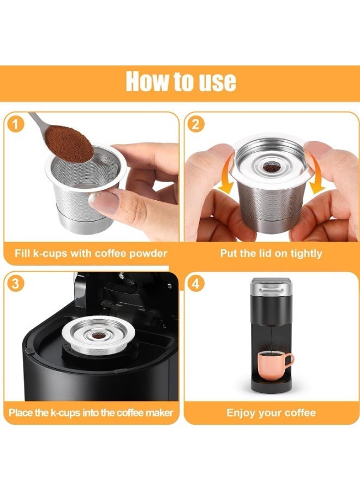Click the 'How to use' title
click(x=181, y=81)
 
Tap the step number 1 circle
click(x=15, y=124)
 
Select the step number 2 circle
click(x=196, y=124)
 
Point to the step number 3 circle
click(x=15, y=284)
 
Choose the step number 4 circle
click(x=196, y=284)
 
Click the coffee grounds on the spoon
click(x=69, y=143)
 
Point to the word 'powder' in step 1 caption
click(x=148, y=253)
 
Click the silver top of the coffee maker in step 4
click(x=272, y=286)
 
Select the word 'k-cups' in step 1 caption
click(x=50, y=253)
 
